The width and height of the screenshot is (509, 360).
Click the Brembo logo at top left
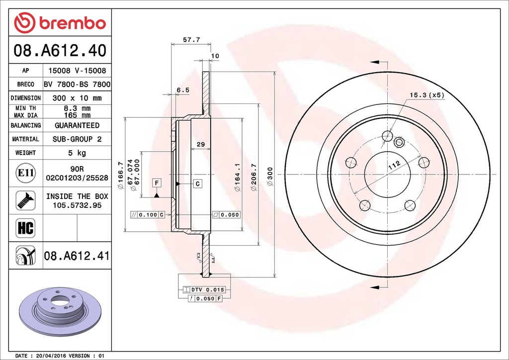pyautogui.click(x=60, y=23)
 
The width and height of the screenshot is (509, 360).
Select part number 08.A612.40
pyautogui.click(x=60, y=51)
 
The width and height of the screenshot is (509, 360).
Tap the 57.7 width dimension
pyautogui.click(x=191, y=40)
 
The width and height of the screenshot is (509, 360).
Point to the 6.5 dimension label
pyautogui.click(x=183, y=90)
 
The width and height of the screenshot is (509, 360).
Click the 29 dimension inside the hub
pyautogui.click(x=201, y=144)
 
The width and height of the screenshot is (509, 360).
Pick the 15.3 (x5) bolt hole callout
pyautogui.click(x=426, y=95)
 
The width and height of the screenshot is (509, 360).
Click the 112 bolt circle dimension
pyautogui.click(x=394, y=165)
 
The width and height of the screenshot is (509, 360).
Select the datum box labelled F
pyautogui.click(x=157, y=183)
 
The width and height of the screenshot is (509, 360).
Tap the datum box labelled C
pyautogui.click(x=198, y=184)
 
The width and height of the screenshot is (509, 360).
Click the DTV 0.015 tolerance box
pyautogui.click(x=204, y=289)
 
